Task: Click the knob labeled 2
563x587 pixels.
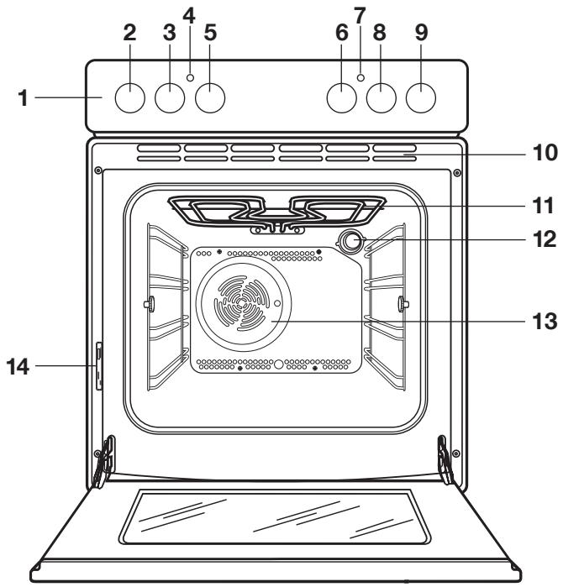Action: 129,99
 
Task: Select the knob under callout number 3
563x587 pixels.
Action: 170,99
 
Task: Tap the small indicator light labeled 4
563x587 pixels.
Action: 191,77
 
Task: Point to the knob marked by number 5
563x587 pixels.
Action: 211,99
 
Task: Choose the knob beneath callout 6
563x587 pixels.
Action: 341,99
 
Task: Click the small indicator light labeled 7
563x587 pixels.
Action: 360,77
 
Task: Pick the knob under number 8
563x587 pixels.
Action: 381,99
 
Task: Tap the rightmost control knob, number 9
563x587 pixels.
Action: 422,99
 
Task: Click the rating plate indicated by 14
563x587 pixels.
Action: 100,366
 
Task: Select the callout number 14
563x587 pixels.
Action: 23,365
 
